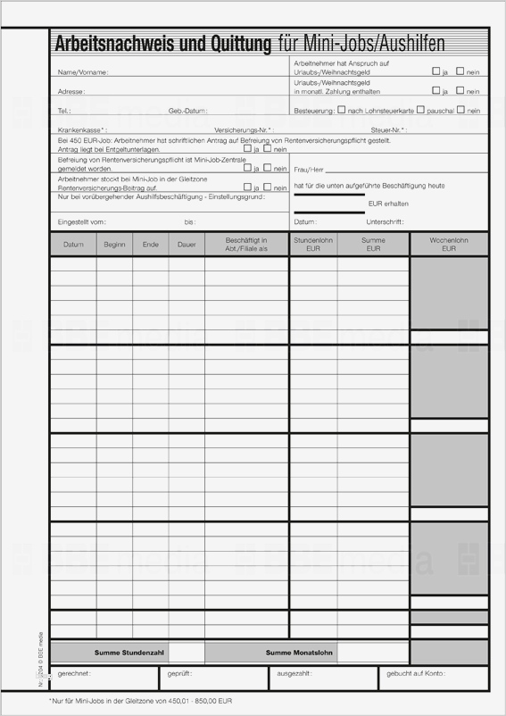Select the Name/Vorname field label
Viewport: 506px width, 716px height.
[82, 71]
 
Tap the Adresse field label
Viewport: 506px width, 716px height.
[71, 91]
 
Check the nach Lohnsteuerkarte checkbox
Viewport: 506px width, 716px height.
[342, 110]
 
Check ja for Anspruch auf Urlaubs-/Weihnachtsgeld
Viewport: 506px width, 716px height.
[435, 71]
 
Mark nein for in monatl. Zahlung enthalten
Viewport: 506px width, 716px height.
[460, 90]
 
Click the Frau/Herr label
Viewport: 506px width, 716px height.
[308, 169]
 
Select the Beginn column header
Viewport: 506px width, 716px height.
[114, 244]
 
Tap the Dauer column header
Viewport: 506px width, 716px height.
[186, 244]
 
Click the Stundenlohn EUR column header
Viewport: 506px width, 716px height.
[312, 244]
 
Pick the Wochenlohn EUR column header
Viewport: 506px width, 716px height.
[449, 244]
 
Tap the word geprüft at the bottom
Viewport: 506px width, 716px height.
[179, 674]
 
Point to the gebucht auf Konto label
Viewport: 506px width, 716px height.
[415, 674]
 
